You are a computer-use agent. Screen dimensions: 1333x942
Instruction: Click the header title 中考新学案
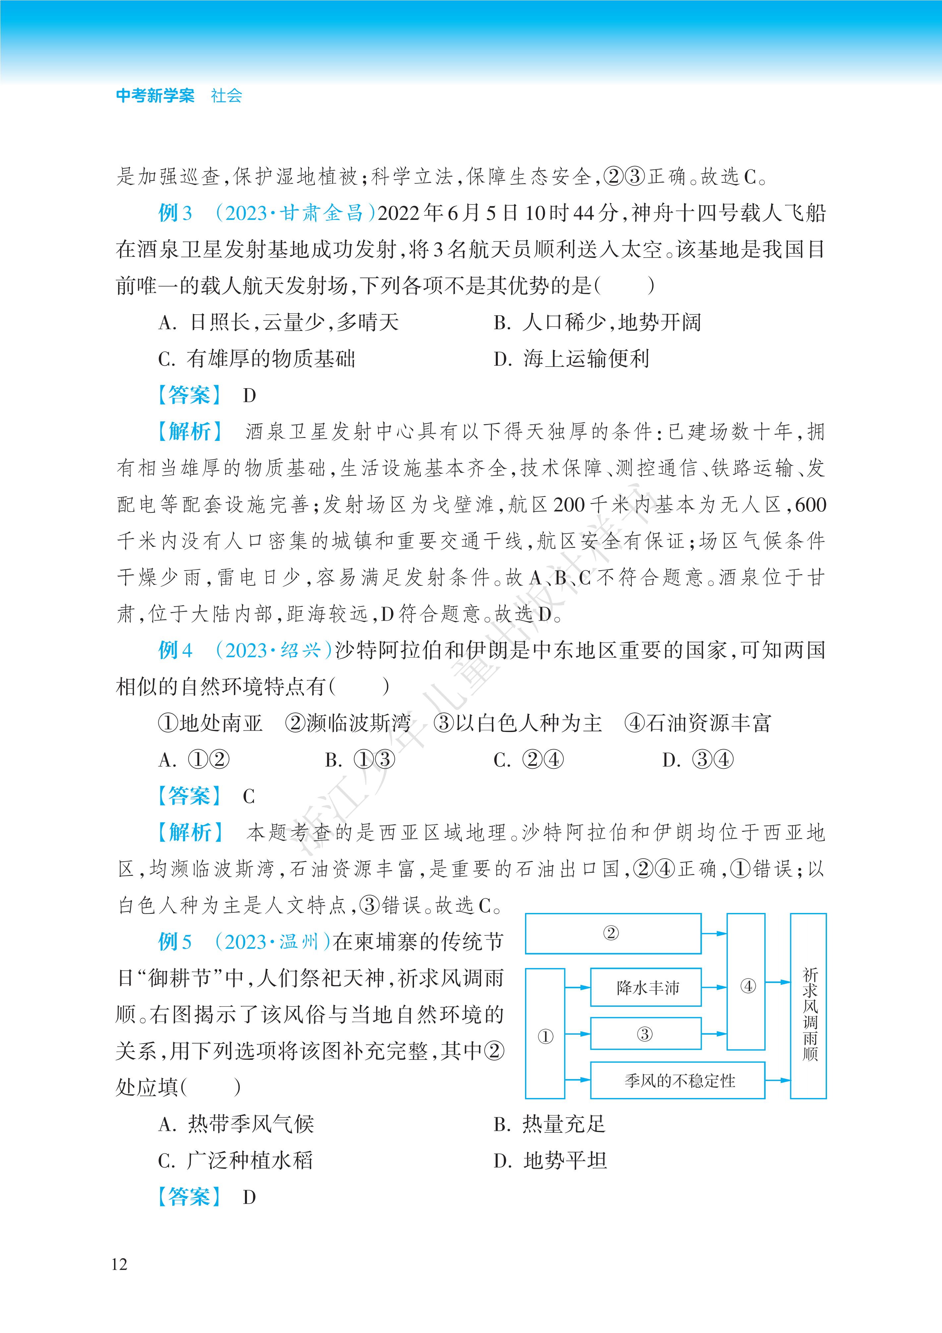point(155,96)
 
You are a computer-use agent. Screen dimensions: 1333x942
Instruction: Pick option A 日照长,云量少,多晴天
point(279,322)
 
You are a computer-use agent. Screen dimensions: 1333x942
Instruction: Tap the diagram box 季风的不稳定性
point(677,1080)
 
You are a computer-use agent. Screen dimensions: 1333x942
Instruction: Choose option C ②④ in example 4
point(528,759)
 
